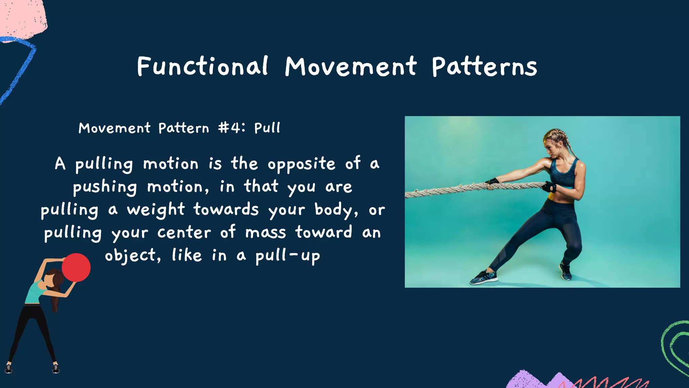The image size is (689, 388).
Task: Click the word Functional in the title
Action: [203, 66]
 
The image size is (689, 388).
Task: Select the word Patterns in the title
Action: [484, 67]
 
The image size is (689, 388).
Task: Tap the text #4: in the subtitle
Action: [231, 128]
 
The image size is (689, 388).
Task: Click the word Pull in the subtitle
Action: [267, 128]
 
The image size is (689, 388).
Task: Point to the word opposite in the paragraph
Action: [301, 164]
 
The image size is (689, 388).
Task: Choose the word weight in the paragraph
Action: [156, 210]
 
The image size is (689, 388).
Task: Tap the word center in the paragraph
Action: [184, 233]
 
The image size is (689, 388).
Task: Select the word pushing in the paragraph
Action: [105, 187]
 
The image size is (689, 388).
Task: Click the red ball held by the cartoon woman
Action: [76, 267]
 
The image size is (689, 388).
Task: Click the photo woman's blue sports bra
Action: [564, 173]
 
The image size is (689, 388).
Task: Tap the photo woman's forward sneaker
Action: [483, 278]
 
